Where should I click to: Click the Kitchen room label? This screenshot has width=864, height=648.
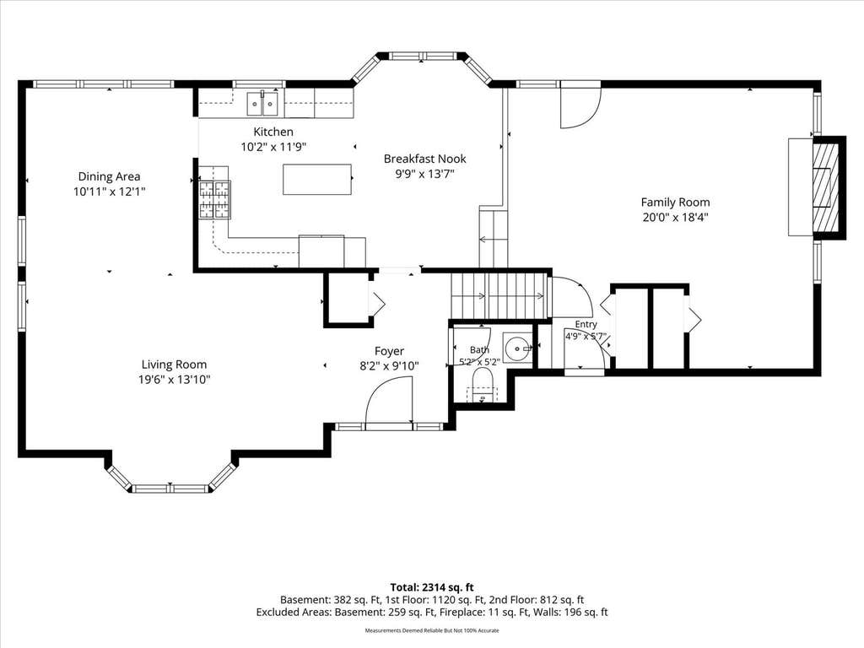pos(273,132)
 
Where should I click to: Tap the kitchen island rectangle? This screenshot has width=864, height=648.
pos(317,179)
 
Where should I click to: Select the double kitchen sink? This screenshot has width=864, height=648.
pos(262,103)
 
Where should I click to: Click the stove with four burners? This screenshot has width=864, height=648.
pos(214,200)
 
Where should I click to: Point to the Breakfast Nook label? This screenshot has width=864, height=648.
pos(425,159)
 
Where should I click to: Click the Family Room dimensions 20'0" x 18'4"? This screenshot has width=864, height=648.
pos(675,217)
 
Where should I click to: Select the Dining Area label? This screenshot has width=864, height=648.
pos(109,176)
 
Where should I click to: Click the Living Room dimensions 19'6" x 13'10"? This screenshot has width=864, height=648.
pos(175,379)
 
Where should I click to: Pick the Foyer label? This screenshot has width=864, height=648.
pos(389,351)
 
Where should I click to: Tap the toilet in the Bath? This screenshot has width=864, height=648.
pos(483,386)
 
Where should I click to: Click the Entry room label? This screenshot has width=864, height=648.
pos(586,325)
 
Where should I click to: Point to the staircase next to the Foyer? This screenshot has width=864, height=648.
pos(500,295)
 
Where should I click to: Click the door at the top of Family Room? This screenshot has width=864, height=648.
pos(580,105)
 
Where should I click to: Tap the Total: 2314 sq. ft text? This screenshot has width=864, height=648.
pos(432,587)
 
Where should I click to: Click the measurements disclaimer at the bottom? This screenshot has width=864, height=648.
pos(432,630)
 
